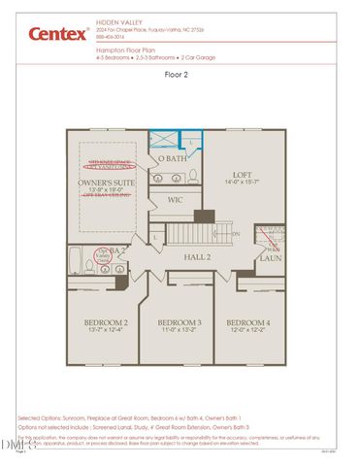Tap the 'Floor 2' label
pyautogui.click(x=179, y=74)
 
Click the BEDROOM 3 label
pyautogui.click(x=180, y=322)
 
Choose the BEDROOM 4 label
pyautogui.click(x=248, y=322)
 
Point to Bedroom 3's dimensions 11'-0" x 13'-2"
pyautogui.click(x=180, y=330)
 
